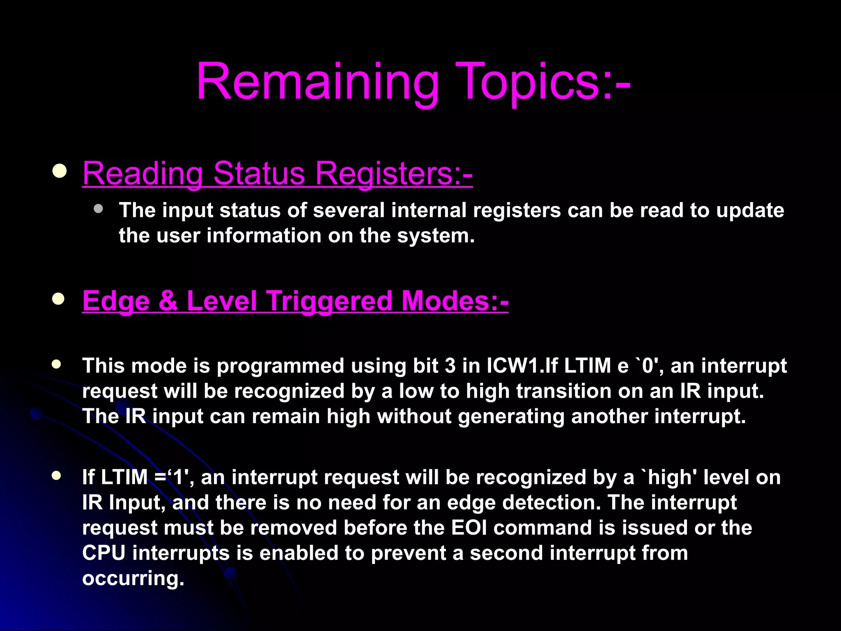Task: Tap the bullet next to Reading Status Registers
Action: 60,171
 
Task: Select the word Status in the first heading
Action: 259,173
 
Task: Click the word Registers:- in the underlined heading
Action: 394,173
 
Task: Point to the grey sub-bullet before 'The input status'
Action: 98,209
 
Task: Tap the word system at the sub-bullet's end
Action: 435,236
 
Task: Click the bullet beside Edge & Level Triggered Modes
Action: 58,299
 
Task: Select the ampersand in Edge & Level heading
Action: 168,301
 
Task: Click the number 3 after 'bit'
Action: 450,366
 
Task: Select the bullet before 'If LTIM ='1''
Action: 57,476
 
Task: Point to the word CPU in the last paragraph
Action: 103,553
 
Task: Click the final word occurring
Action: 133,578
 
